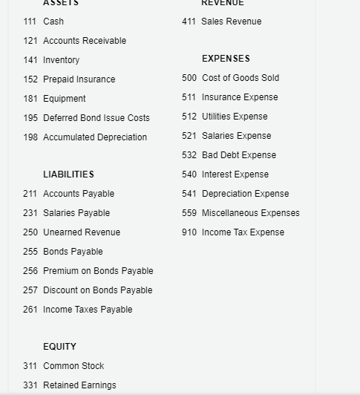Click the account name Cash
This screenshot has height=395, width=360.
[53, 22]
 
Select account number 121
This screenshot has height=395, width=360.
[30, 41]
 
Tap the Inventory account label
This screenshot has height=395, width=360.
[61, 60]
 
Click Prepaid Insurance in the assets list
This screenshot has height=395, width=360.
[79, 79]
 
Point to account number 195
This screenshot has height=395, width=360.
[30, 118]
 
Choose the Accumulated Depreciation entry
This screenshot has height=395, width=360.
[95, 137]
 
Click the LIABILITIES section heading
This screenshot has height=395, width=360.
[68, 174]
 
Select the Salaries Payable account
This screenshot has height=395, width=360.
[76, 213]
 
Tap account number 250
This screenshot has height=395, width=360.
[30, 232]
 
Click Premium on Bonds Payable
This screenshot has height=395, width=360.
[98, 271]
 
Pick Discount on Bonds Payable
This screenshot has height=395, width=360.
[97, 290]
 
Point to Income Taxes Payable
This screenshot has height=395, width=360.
[88, 310]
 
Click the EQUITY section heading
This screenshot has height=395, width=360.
[59, 347]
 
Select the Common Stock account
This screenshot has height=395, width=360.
[73, 366]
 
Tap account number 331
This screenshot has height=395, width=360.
[30, 385]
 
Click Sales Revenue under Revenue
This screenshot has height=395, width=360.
[231, 22]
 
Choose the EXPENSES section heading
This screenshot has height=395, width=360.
[226, 59]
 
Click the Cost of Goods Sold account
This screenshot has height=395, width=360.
[240, 78]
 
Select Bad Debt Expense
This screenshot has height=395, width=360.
[238, 155]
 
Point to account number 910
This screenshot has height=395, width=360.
[189, 232]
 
